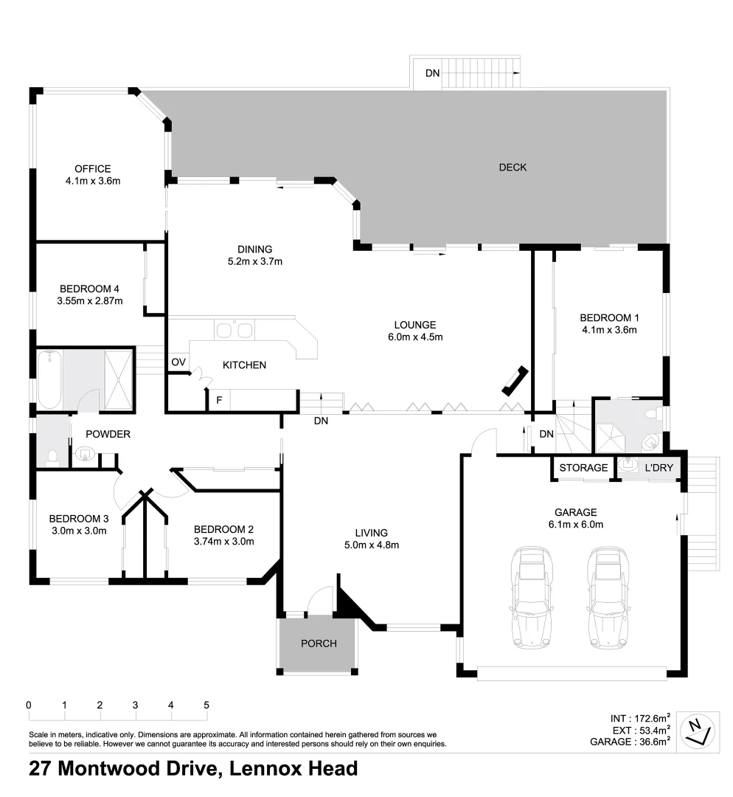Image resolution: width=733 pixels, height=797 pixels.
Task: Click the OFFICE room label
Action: click(x=92, y=169)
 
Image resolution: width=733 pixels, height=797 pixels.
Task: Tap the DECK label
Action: click(x=513, y=168)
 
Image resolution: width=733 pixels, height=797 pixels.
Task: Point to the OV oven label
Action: click(x=178, y=362)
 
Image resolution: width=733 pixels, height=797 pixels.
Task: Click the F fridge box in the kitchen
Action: click(x=218, y=401)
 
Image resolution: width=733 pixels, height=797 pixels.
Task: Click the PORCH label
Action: click(x=319, y=644)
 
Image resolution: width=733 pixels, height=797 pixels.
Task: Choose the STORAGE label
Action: click(x=583, y=468)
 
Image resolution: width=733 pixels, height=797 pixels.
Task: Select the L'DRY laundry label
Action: click(x=659, y=468)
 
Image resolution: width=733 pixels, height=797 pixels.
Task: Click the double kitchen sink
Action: click(x=234, y=330)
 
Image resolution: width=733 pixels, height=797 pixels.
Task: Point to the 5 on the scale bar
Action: click(x=206, y=705)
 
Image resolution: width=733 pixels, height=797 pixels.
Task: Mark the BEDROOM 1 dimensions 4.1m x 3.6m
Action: click(x=609, y=330)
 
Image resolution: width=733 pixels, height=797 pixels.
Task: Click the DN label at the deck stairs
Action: click(x=433, y=73)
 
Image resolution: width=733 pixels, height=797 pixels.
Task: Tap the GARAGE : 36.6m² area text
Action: click(x=630, y=742)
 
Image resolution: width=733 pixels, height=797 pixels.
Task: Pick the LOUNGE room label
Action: click(x=414, y=325)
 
